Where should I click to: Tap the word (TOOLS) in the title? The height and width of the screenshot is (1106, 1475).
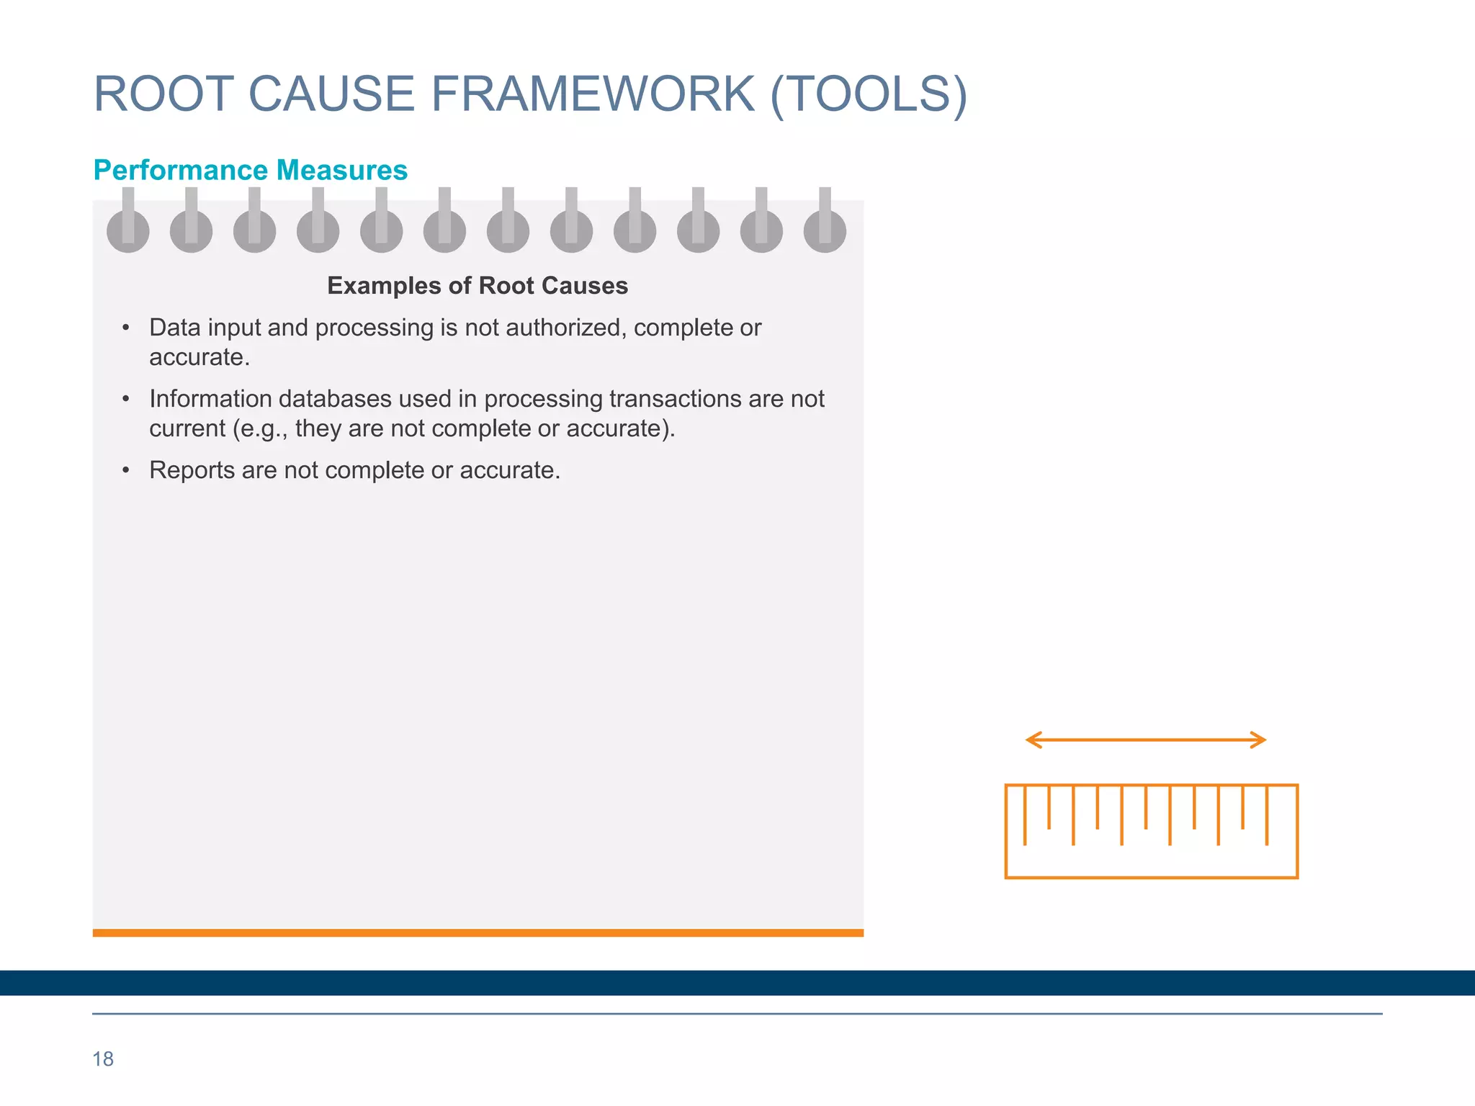[869, 94]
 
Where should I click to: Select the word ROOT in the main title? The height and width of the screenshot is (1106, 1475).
[163, 94]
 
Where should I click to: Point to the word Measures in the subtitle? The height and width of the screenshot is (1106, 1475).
[342, 171]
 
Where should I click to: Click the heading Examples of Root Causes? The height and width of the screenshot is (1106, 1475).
[478, 286]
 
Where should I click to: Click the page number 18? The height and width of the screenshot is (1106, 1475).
[103, 1059]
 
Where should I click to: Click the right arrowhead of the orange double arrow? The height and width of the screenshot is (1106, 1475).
[1259, 740]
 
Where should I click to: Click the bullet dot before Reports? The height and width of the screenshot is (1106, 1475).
[126, 471]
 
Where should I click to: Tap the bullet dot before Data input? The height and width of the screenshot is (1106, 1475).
[126, 328]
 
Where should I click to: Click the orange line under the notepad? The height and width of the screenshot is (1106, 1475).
[478, 933]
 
